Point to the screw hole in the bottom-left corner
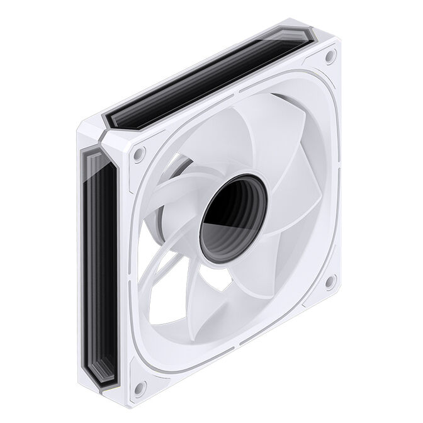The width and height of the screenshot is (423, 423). pyautogui.click(x=140, y=385)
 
